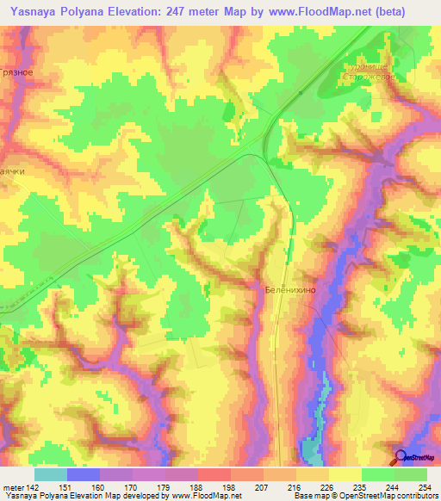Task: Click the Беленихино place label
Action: pyautogui.click(x=290, y=291)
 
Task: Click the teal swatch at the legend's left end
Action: pyautogui.click(x=51, y=474)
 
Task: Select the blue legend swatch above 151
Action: pyautogui.click(x=84, y=474)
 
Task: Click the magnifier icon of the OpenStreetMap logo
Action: pyautogui.click(x=401, y=456)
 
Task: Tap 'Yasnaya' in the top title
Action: pyautogui.click(x=34, y=10)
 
